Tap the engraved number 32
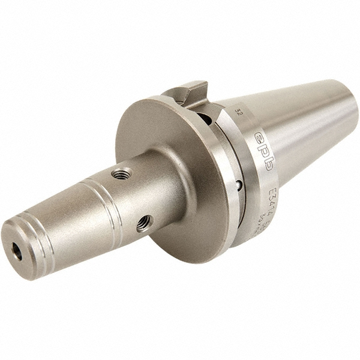coord(239,112)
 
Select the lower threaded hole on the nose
coord(144,223)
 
